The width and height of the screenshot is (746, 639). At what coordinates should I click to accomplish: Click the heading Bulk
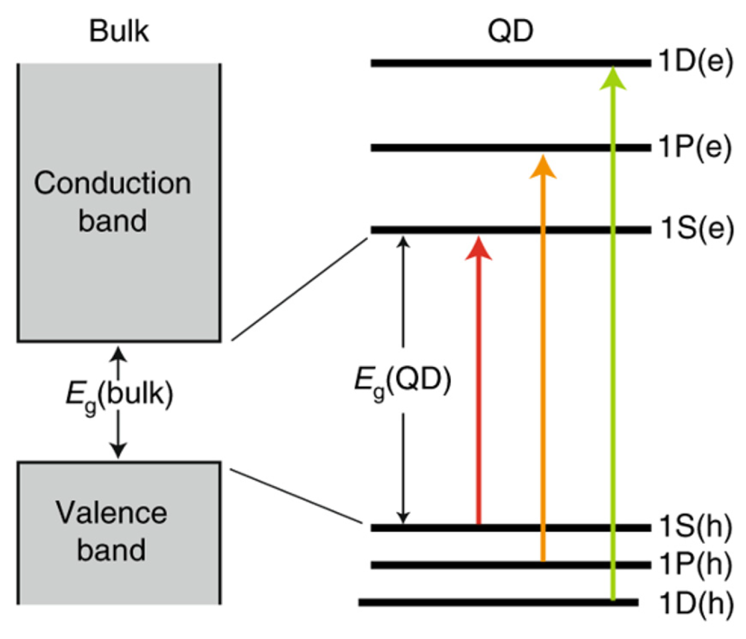click(x=119, y=31)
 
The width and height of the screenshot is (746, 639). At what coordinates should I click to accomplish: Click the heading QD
click(x=510, y=31)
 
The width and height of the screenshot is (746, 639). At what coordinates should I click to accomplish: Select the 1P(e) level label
click(x=695, y=147)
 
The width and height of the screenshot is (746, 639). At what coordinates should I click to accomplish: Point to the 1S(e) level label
click(x=696, y=229)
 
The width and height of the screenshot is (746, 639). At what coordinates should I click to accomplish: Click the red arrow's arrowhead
click(x=479, y=249)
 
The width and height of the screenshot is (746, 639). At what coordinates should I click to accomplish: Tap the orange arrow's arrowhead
click(x=543, y=167)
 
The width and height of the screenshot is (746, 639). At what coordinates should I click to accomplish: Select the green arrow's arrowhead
click(x=612, y=78)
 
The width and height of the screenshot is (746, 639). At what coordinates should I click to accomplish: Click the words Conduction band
click(x=113, y=202)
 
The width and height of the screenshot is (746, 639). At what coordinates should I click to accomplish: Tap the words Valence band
click(x=111, y=531)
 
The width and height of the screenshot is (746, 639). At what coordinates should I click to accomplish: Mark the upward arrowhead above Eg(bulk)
click(x=118, y=354)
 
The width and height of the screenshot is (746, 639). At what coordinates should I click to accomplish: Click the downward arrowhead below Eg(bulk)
click(x=118, y=451)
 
